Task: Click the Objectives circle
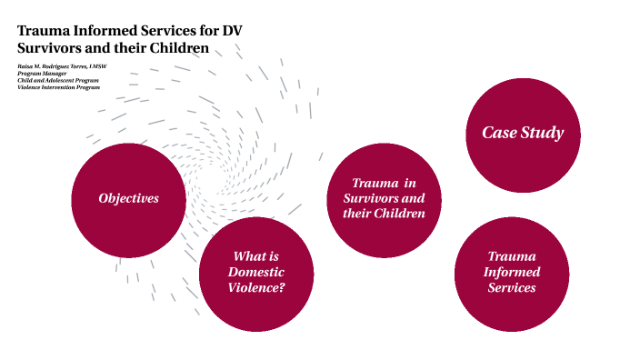coord(128,199)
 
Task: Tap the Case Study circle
coord(523,133)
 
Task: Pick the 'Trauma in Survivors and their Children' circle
coord(384,199)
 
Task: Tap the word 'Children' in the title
coord(177,48)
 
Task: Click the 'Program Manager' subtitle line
coord(42,73)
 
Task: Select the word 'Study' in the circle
coord(543,133)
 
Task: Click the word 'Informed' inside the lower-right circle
coord(511,273)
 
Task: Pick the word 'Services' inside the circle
coord(511,288)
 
